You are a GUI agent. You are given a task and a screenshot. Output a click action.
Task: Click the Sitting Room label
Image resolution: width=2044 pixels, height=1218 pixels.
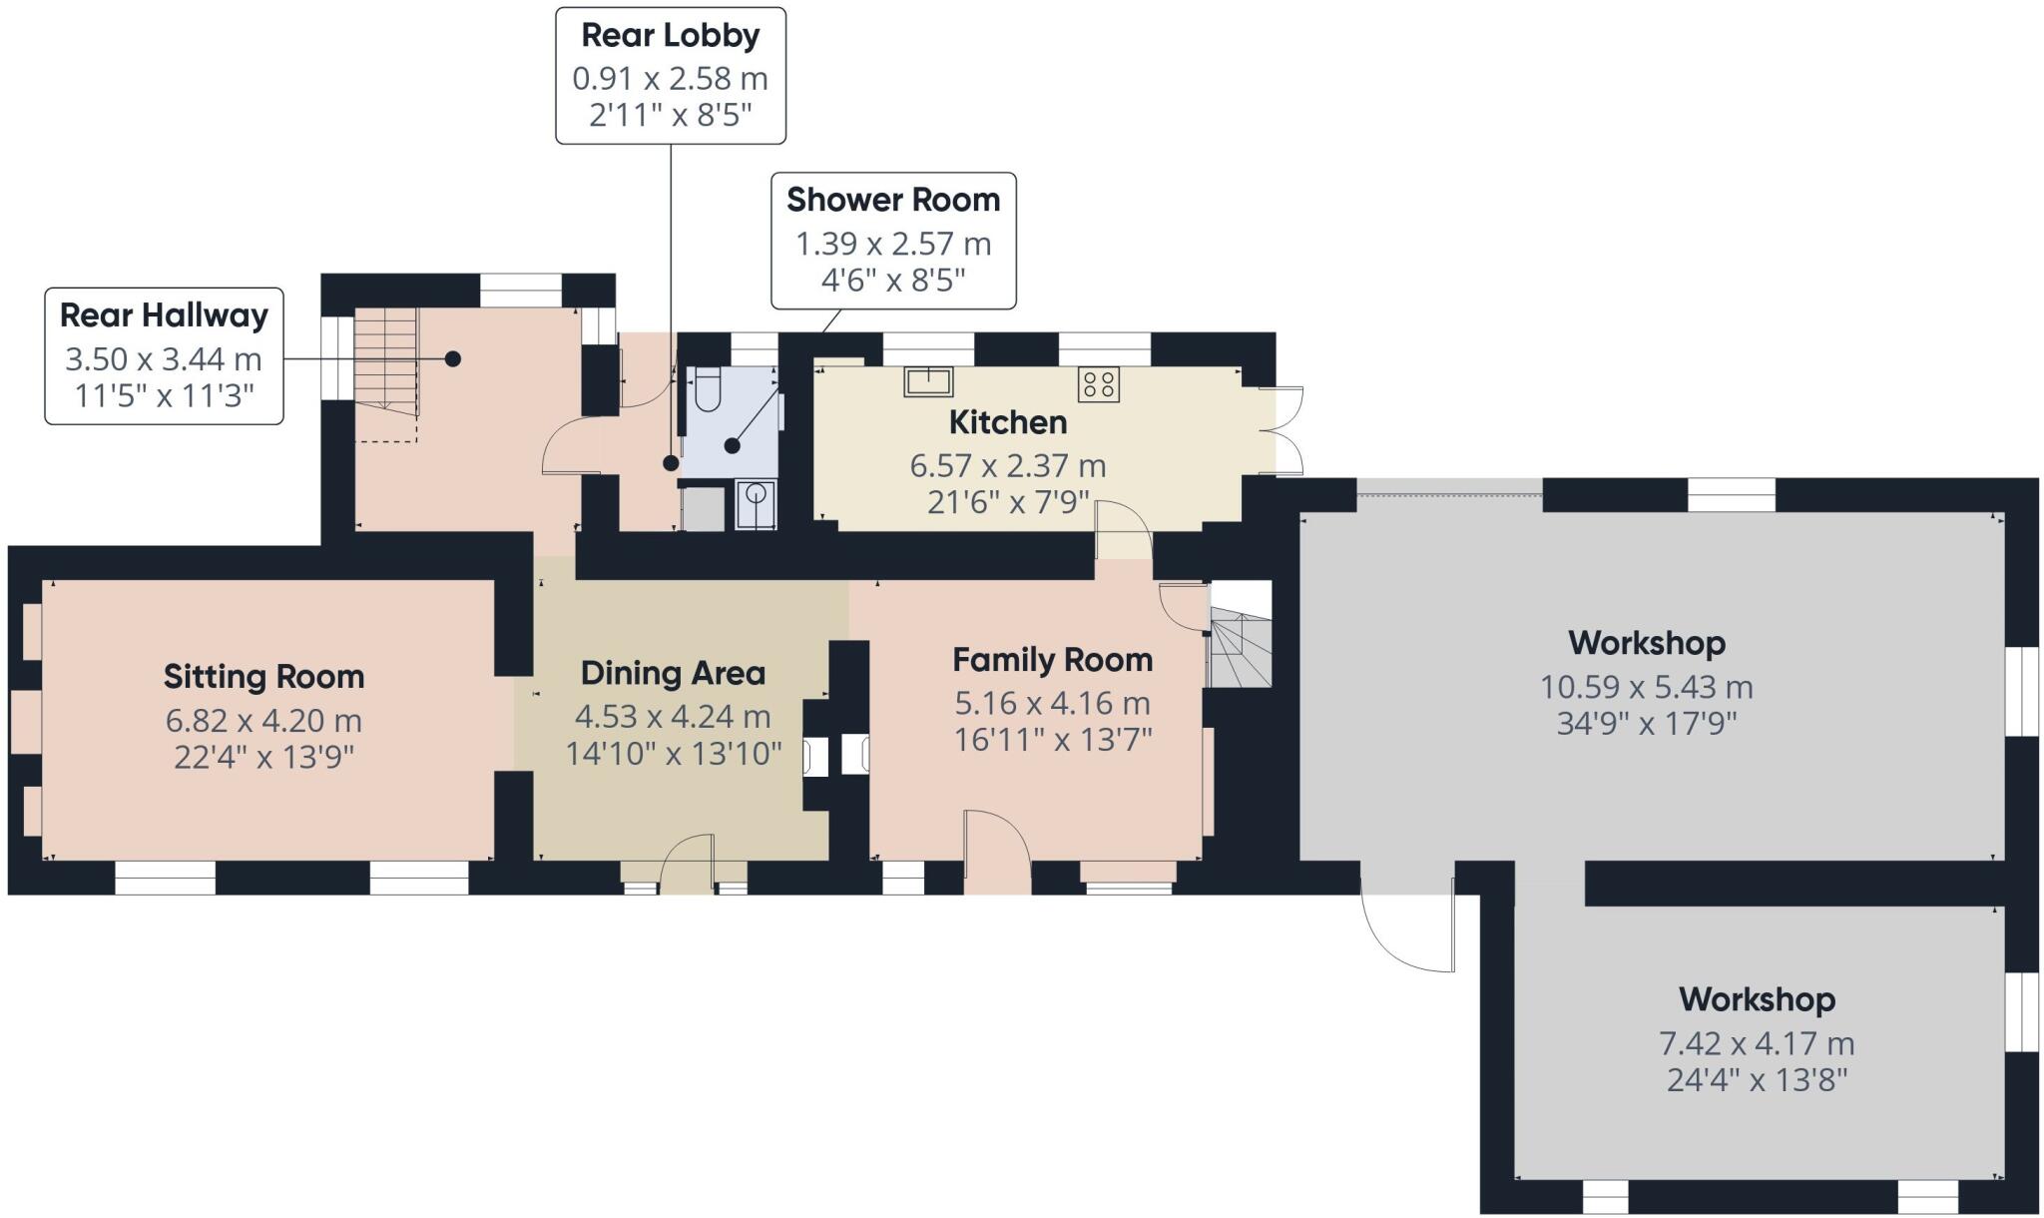pos(263,677)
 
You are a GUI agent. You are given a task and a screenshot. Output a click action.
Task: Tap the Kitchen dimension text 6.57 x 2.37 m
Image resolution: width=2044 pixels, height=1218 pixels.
pos(1007,465)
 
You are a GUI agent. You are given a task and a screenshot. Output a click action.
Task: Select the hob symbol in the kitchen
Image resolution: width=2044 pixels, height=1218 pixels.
pos(1099,383)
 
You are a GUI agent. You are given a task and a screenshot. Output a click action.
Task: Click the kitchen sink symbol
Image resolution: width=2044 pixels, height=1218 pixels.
pos(928,381)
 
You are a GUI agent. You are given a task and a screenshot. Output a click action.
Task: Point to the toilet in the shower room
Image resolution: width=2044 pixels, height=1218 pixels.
pos(707,390)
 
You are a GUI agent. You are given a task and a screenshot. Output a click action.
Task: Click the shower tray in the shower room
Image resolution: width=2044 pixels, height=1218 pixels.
pos(756,504)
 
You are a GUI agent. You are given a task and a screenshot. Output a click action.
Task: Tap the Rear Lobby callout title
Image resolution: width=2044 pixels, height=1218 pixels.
pos(670,35)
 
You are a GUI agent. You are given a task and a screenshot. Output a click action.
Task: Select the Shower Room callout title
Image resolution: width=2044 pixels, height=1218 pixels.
pos(892,200)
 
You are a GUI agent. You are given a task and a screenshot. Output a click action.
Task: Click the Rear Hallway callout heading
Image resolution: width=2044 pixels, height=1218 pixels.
pos(164,315)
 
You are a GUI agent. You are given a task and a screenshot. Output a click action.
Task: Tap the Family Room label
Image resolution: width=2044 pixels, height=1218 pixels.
pos(1052,660)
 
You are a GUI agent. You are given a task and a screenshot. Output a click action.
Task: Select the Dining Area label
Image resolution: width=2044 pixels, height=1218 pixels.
pos(673,673)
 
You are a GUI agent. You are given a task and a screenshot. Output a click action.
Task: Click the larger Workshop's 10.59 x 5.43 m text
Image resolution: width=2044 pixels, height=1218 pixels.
pos(1646,687)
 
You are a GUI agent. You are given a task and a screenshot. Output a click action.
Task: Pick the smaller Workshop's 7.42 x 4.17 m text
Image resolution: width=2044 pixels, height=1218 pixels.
pos(1756,1043)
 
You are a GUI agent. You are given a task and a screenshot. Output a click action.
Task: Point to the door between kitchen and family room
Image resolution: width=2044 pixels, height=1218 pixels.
pos(1124,529)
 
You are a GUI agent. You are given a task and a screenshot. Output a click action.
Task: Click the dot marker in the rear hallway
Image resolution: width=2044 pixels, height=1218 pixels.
pos(453,358)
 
